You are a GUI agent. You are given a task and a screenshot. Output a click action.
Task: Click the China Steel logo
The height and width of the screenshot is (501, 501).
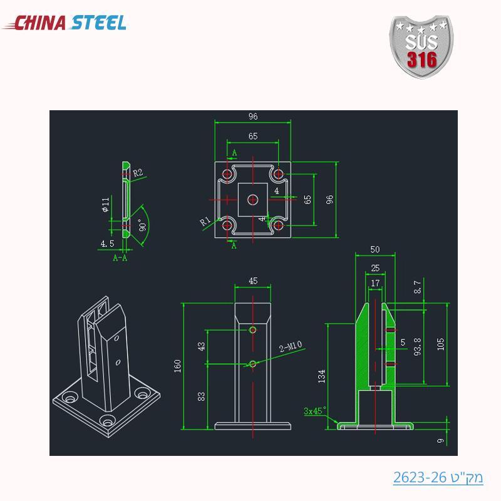(x=65, y=23)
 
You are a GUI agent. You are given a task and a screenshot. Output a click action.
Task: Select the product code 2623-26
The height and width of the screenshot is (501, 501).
(x=438, y=478)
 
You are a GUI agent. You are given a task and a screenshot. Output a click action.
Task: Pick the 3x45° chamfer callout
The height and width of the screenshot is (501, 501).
(x=314, y=411)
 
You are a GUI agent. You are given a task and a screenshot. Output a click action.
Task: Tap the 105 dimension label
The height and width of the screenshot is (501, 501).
(x=440, y=343)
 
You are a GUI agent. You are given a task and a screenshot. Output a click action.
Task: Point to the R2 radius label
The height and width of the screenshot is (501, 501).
(x=138, y=172)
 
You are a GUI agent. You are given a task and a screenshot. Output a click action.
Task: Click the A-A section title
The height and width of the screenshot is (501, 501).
(x=120, y=257)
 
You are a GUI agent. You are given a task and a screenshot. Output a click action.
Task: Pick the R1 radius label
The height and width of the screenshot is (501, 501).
(x=205, y=221)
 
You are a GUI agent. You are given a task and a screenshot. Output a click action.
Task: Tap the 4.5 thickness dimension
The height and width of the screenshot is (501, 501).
(x=107, y=244)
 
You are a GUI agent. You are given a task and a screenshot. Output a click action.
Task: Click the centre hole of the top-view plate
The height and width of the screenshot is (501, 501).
(x=253, y=199)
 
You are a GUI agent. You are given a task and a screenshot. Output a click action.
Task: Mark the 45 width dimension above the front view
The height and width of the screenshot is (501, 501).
(x=253, y=281)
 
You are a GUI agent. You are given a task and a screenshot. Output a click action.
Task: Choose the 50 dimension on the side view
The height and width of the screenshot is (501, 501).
(x=375, y=249)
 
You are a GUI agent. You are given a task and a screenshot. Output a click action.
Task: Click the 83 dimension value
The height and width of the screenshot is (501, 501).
(x=201, y=396)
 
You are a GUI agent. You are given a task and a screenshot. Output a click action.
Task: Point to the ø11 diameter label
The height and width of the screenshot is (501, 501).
(x=106, y=205)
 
